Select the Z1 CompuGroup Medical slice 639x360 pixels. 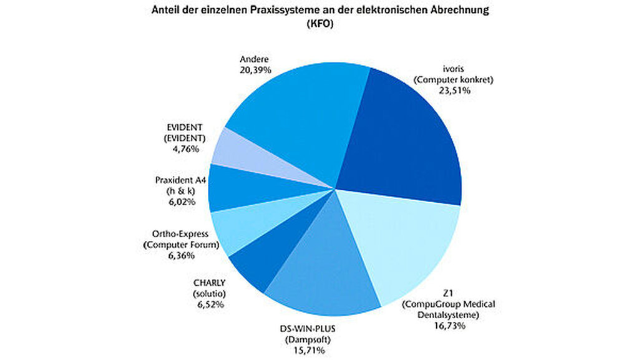coord(399,243)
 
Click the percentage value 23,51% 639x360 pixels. coord(454,90)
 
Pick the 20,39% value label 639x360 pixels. coord(256,71)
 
